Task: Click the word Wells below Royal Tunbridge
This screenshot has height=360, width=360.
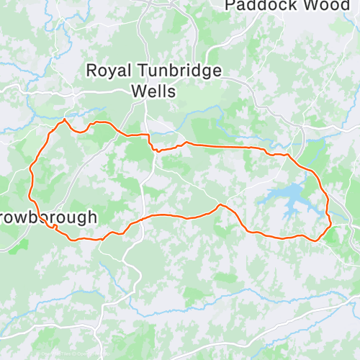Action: click(x=153, y=91)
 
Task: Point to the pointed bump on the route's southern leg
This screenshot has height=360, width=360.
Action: click(x=220, y=205)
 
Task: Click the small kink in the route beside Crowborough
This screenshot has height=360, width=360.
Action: click(x=55, y=227)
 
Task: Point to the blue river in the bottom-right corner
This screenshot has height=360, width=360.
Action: click(x=324, y=302)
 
